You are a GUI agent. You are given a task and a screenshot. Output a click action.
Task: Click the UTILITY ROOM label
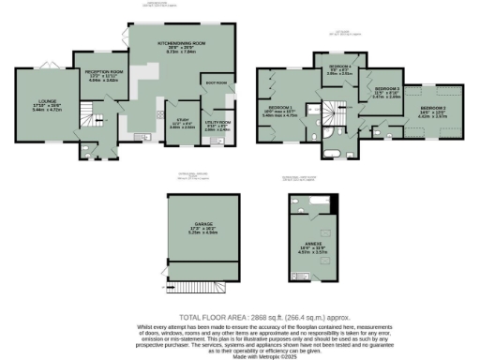point(217,123)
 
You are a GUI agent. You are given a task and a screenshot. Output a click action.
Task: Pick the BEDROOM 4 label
point(338,67)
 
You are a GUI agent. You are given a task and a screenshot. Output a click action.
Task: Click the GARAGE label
point(203,224)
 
